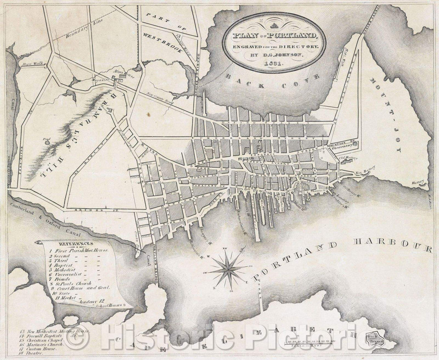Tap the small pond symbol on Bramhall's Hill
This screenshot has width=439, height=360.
[47, 142]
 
